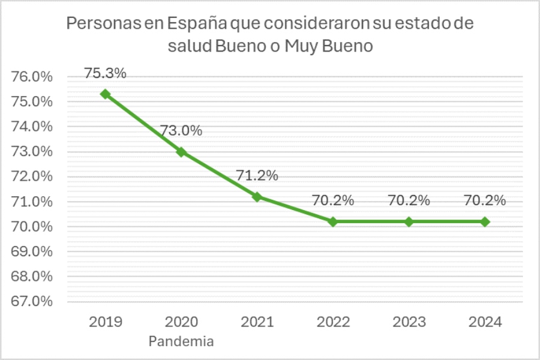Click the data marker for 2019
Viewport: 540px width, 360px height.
pyautogui.click(x=106, y=94)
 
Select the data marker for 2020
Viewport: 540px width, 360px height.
pyautogui.click(x=181, y=152)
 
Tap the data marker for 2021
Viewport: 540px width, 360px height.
pyautogui.click(x=257, y=197)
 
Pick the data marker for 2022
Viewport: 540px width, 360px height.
pyautogui.click(x=333, y=221)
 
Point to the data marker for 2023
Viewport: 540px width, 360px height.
pyautogui.click(x=409, y=221)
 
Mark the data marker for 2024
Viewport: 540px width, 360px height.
pyautogui.click(x=485, y=221)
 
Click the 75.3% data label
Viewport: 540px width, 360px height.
pyautogui.click(x=106, y=73)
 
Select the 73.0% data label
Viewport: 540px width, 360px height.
pyautogui.click(x=181, y=131)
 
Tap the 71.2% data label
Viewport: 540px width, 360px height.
pyautogui.click(x=257, y=176)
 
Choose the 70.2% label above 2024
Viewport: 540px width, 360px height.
pyautogui.click(x=485, y=200)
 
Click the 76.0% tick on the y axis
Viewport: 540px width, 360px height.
pyautogui.click(x=32, y=77)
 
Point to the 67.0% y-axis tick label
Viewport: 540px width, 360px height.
pyautogui.click(x=32, y=301)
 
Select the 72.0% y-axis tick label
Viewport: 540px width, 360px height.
pyautogui.click(x=32, y=176)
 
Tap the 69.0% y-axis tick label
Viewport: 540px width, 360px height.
pyautogui.click(x=32, y=251)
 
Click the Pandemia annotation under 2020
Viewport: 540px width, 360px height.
pyautogui.click(x=181, y=342)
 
